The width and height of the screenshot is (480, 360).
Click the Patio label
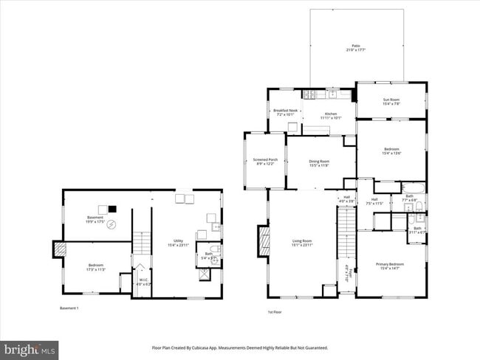[x=356, y=48]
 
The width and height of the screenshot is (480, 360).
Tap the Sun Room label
[x=391, y=102]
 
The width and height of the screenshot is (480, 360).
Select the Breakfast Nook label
[x=285, y=112]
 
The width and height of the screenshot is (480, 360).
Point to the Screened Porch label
[x=265, y=162]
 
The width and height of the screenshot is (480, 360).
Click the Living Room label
[x=302, y=243]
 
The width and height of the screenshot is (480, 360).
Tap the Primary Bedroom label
[x=391, y=266]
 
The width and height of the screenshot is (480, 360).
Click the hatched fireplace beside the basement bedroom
[x=58, y=250]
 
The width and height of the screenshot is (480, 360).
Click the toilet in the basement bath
[x=214, y=250]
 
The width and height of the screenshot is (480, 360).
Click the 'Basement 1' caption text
[x=69, y=308]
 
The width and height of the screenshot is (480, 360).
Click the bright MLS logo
[x=30, y=347]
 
